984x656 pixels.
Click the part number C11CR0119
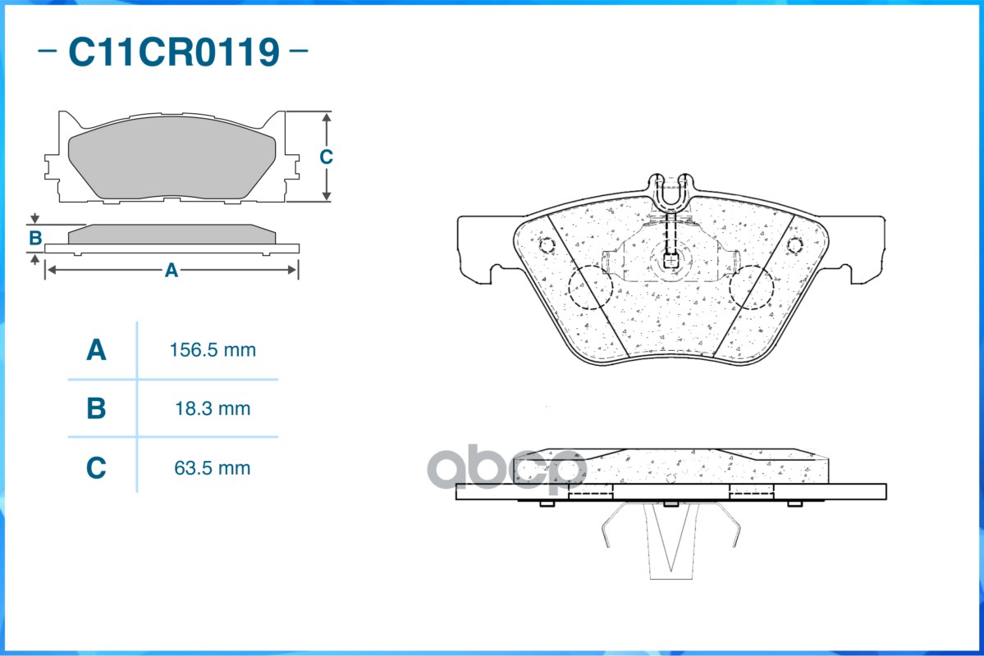tap(174, 52)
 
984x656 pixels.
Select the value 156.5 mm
tap(213, 351)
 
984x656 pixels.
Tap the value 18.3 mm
tap(213, 408)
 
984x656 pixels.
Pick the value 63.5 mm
tap(213, 468)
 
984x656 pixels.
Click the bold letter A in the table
tap(96, 351)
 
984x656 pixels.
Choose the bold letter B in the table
tap(96, 408)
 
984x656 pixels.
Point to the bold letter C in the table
tap(96, 468)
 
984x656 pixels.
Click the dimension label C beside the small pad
tap(326, 157)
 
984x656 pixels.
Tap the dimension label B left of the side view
tap(35, 239)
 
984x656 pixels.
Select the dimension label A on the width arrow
tap(171, 270)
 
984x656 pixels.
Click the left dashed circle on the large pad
tap(591, 288)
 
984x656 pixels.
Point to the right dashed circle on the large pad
tap(751, 288)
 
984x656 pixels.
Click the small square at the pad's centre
tap(670, 262)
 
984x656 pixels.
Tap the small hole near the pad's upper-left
tap(547, 244)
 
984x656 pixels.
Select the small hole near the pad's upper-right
tap(794, 244)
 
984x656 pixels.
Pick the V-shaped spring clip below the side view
tap(670, 541)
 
